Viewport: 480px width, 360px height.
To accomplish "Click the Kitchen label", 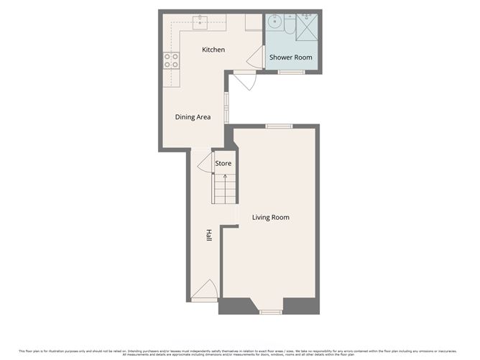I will pyautogui.click(x=213, y=50).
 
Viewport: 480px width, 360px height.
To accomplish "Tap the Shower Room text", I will pyautogui.click(x=290, y=57).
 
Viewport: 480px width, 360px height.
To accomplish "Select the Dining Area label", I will pyautogui.click(x=193, y=116).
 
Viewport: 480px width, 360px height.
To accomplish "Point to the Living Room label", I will pyautogui.click(x=270, y=217).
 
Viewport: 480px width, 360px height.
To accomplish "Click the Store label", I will pyautogui.click(x=223, y=164).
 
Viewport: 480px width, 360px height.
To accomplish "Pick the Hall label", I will pyautogui.click(x=209, y=235).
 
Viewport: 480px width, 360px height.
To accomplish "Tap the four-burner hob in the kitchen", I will pyautogui.click(x=171, y=61).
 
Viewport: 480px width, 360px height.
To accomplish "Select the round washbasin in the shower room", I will pyautogui.click(x=274, y=22).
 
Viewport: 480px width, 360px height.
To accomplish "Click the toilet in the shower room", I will pyautogui.click(x=287, y=25).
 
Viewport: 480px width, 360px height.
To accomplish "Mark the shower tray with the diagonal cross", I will pyautogui.click(x=307, y=27).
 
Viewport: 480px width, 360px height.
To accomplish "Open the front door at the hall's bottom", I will pyautogui.click(x=205, y=290).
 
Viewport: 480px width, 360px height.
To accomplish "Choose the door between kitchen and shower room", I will pyautogui.click(x=255, y=58).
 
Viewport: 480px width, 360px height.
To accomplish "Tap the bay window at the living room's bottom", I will pyautogui.click(x=270, y=311).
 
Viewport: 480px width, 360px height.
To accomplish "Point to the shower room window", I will pyautogui.click(x=290, y=72).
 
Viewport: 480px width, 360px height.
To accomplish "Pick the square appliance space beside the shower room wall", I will pyautogui.click(x=253, y=22).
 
